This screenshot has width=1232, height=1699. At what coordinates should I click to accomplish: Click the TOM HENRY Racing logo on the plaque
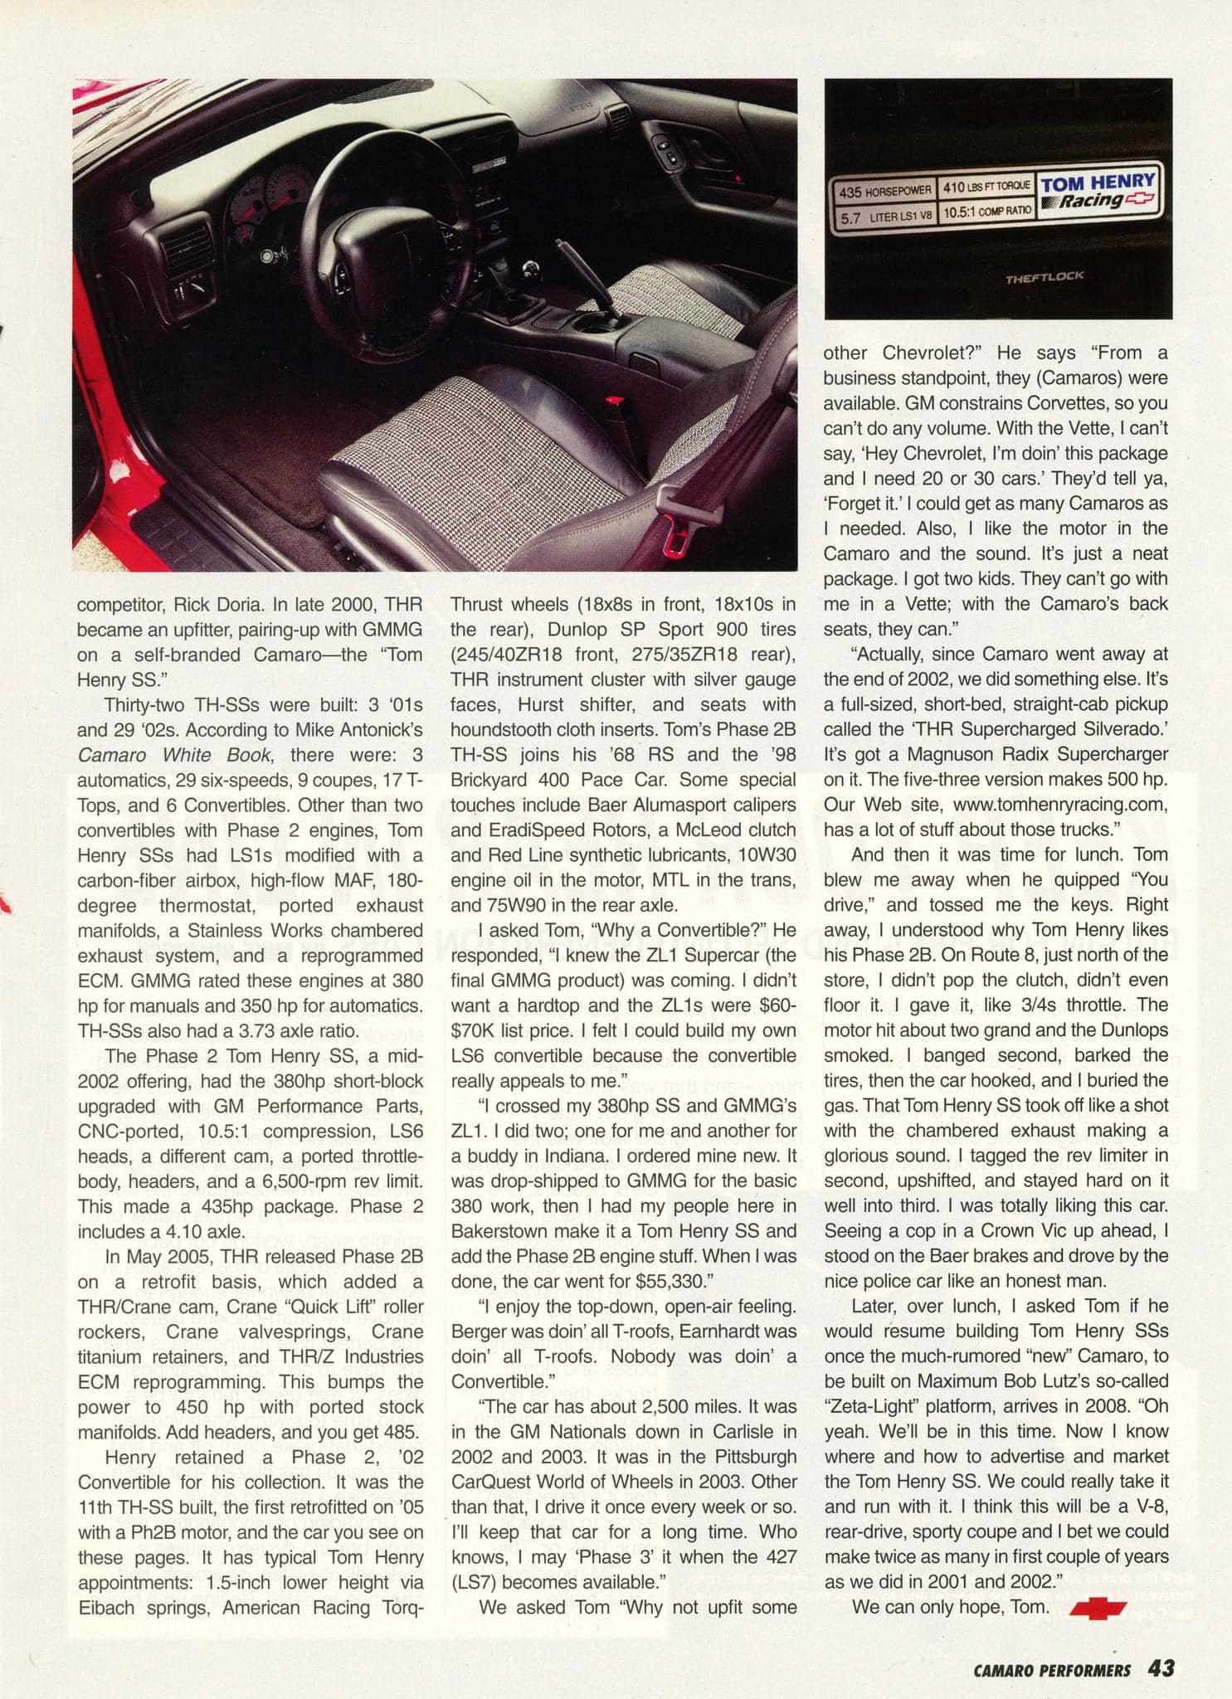(x=1097, y=190)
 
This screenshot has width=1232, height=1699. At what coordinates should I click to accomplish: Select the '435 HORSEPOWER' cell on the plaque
(x=885, y=191)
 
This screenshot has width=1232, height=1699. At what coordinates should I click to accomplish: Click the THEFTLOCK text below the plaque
(x=1044, y=277)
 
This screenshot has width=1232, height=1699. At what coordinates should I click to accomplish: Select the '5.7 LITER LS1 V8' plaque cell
(x=885, y=215)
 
